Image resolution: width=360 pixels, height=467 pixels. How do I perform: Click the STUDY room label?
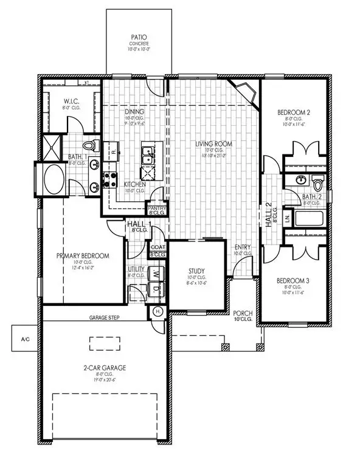[196, 271]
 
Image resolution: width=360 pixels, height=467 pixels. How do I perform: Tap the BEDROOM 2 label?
[294, 112]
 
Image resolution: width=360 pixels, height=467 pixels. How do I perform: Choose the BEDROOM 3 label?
[294, 280]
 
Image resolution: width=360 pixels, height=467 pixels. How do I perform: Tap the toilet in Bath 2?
[319, 182]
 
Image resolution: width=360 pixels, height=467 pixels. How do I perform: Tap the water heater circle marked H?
[157, 312]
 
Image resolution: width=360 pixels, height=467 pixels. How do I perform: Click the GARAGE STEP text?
[103, 317]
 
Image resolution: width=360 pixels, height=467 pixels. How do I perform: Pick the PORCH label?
[243, 313]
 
